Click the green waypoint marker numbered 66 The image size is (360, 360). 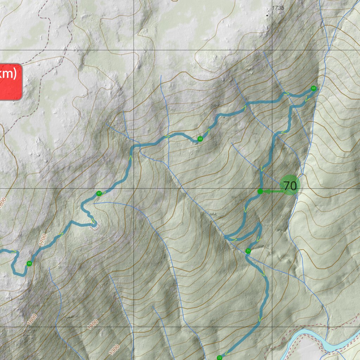click(x=29, y=263)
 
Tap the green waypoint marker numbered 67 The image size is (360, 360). click(x=99, y=193)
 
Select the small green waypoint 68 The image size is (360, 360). click(x=200, y=139)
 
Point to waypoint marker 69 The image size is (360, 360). click(x=313, y=88)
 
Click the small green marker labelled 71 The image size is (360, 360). click(x=248, y=251)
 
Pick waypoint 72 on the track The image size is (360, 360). click(x=220, y=358)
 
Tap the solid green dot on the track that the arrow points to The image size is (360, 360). click(x=260, y=191)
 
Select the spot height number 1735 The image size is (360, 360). click(x=278, y=8)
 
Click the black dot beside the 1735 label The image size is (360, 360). click(x=267, y=15)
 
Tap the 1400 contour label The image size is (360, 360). click(x=93, y=324)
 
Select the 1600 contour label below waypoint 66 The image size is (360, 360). click(x=32, y=319)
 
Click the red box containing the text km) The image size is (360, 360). click(x=10, y=82)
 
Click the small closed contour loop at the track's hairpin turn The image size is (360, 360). click(x=94, y=225)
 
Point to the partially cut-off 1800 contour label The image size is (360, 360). click(x=3, y=204)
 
